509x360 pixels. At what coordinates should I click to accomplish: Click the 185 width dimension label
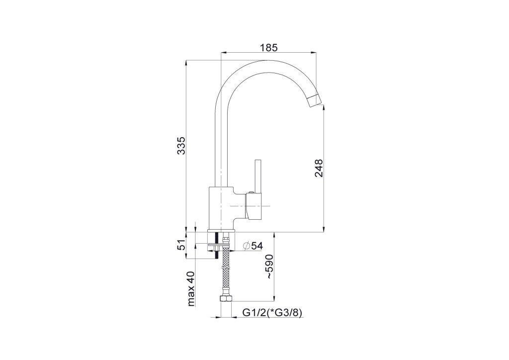tap(269, 48)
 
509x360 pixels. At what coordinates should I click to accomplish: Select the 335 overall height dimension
tap(181, 145)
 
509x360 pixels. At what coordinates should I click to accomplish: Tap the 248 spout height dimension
tap(319, 168)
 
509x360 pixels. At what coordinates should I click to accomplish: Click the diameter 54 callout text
tap(253, 246)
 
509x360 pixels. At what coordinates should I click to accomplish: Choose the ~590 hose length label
tap(269, 267)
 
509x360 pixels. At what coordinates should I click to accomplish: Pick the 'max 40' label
tap(191, 289)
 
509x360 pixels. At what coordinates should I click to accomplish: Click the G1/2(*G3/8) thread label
tap(273, 313)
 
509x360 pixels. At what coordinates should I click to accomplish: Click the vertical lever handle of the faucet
tap(258, 177)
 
